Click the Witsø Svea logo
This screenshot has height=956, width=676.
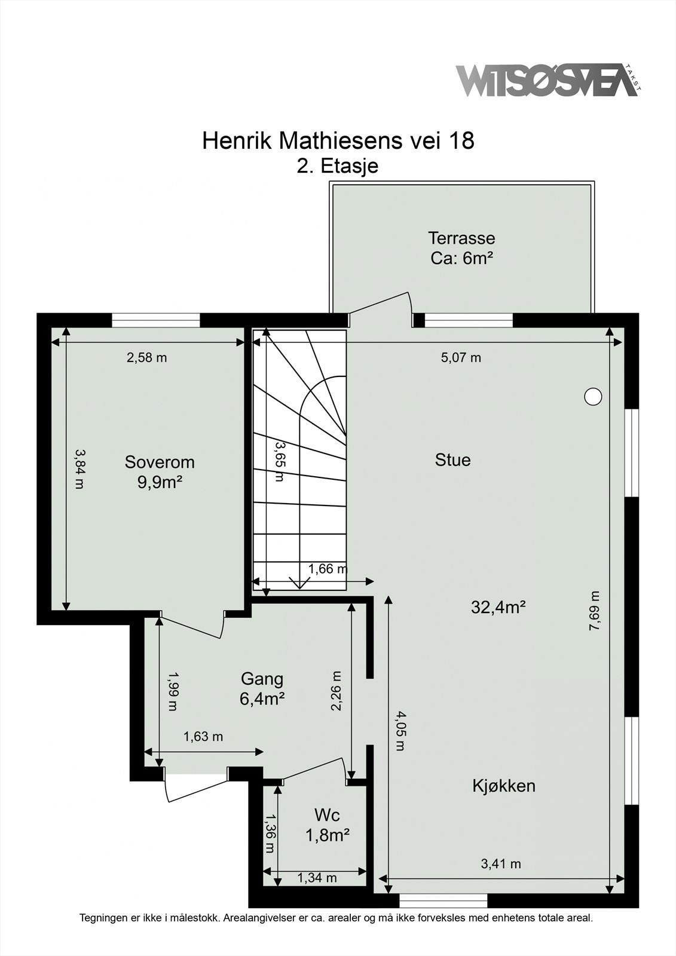pyautogui.click(x=547, y=80)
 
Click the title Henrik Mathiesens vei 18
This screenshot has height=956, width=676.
pyautogui.click(x=338, y=141)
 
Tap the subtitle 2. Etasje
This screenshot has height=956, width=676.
pyautogui.click(x=338, y=166)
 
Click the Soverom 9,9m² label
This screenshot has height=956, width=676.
pyautogui.click(x=160, y=471)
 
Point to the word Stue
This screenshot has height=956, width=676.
pyautogui.click(x=452, y=460)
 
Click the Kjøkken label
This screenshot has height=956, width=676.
pyautogui.click(x=503, y=786)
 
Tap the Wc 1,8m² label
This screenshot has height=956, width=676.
pyautogui.click(x=327, y=825)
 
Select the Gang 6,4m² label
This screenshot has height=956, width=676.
pyautogui.click(x=262, y=688)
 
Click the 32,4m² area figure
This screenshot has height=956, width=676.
pyautogui.click(x=498, y=608)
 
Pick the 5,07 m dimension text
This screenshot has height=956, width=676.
pyautogui.click(x=461, y=358)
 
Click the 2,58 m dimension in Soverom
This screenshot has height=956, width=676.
pyautogui.click(x=146, y=358)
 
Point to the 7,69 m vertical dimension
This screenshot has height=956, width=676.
pyautogui.click(x=594, y=610)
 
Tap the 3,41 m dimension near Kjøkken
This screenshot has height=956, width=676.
pyautogui.click(x=500, y=864)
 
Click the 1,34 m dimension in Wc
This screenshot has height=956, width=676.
pyautogui.click(x=317, y=878)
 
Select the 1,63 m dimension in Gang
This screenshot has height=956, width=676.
pyautogui.click(x=203, y=737)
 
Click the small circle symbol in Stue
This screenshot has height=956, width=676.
pyautogui.click(x=592, y=396)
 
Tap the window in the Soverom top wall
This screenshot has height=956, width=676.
pyautogui.click(x=155, y=320)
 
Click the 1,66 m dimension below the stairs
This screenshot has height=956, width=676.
pyautogui.click(x=328, y=569)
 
